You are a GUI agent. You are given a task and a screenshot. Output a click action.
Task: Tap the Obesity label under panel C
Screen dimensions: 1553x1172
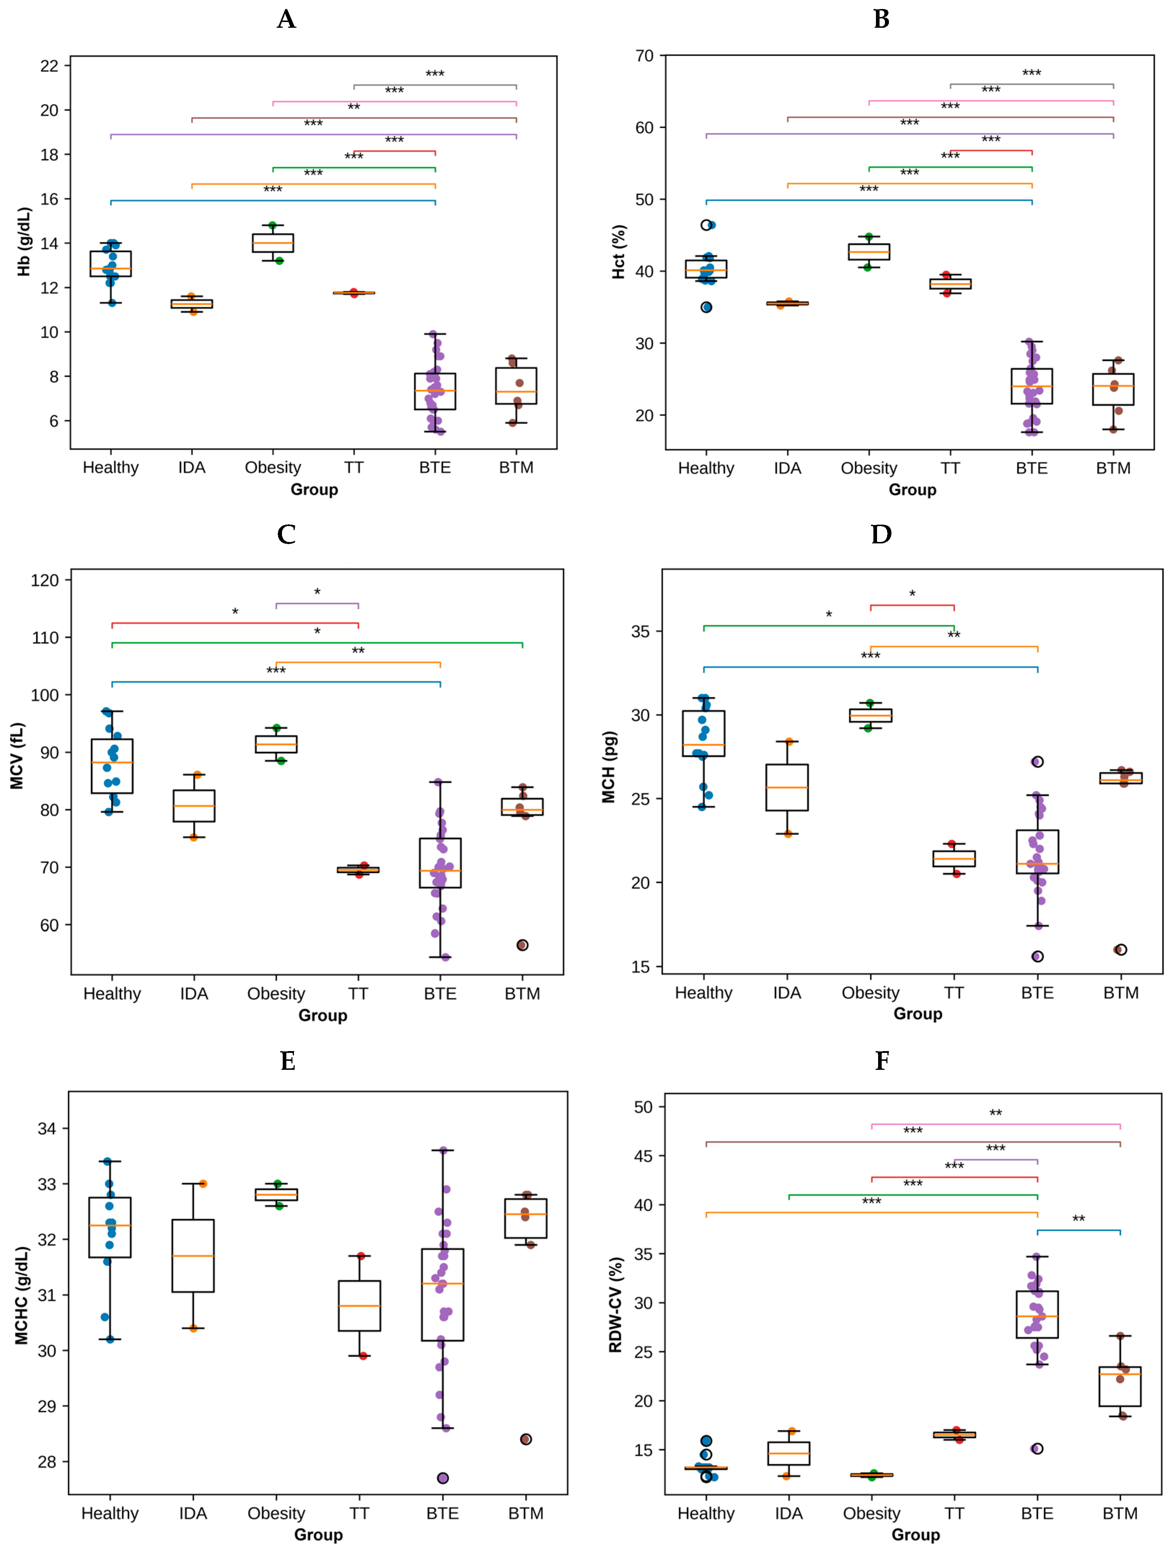tap(276, 993)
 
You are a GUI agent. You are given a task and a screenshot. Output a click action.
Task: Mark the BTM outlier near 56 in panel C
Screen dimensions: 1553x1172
tap(523, 945)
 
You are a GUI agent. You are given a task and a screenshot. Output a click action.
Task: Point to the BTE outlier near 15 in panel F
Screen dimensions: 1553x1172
tap(1037, 1448)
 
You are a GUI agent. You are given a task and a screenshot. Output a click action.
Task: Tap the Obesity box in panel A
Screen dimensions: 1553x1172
tap(273, 243)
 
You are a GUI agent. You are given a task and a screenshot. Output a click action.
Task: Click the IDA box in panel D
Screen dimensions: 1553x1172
tap(787, 787)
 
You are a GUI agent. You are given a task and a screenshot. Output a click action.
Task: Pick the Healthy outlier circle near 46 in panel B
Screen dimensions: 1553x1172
tap(706, 225)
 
